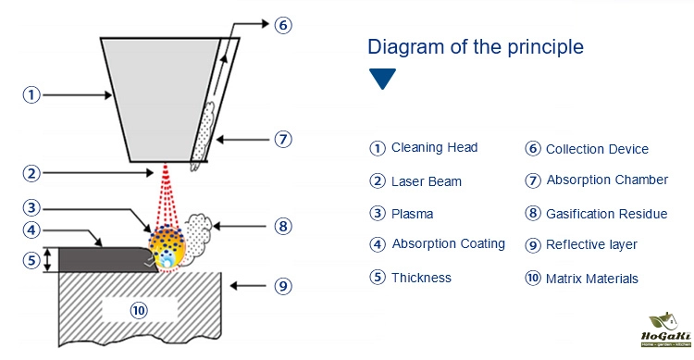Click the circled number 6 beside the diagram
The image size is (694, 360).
283,25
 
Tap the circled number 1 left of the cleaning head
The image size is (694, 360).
31,94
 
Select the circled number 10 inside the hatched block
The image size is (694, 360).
139,310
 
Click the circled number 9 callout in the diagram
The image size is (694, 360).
283,286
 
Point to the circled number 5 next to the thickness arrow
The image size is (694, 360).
31,260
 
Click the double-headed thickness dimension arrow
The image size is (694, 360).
48,260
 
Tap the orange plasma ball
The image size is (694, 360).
167,246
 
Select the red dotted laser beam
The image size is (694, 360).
166,195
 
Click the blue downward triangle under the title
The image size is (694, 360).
382,79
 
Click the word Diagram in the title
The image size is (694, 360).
406,46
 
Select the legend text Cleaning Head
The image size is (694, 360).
434,147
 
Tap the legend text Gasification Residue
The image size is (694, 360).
606,214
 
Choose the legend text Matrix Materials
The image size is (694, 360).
592,279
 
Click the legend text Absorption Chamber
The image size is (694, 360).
607,180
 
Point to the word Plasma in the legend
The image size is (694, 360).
412,214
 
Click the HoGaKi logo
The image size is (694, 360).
665,330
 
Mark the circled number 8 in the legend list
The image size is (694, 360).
533,214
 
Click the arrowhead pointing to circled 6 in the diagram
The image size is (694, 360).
266,23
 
